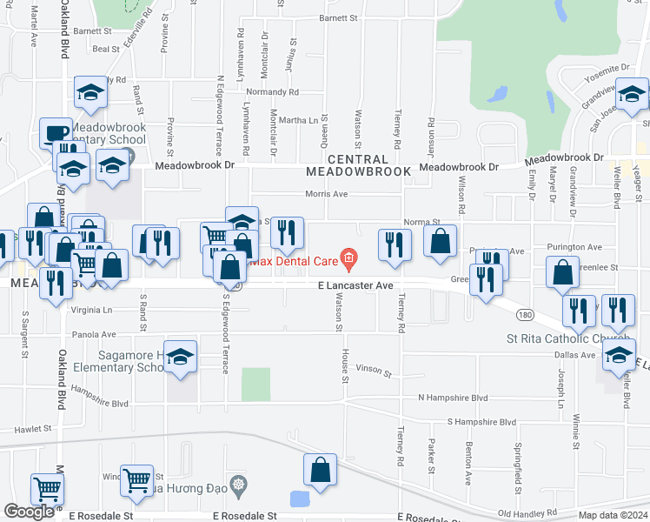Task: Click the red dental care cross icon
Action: [x=348, y=257]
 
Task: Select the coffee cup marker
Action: [x=56, y=133]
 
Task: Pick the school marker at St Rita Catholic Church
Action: [x=619, y=355]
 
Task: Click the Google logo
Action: [x=29, y=512]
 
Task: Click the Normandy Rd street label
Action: [x=272, y=91]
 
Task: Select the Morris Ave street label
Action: [x=327, y=194]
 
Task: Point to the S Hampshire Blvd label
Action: [x=481, y=422]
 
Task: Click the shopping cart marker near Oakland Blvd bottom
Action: [x=47, y=489]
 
